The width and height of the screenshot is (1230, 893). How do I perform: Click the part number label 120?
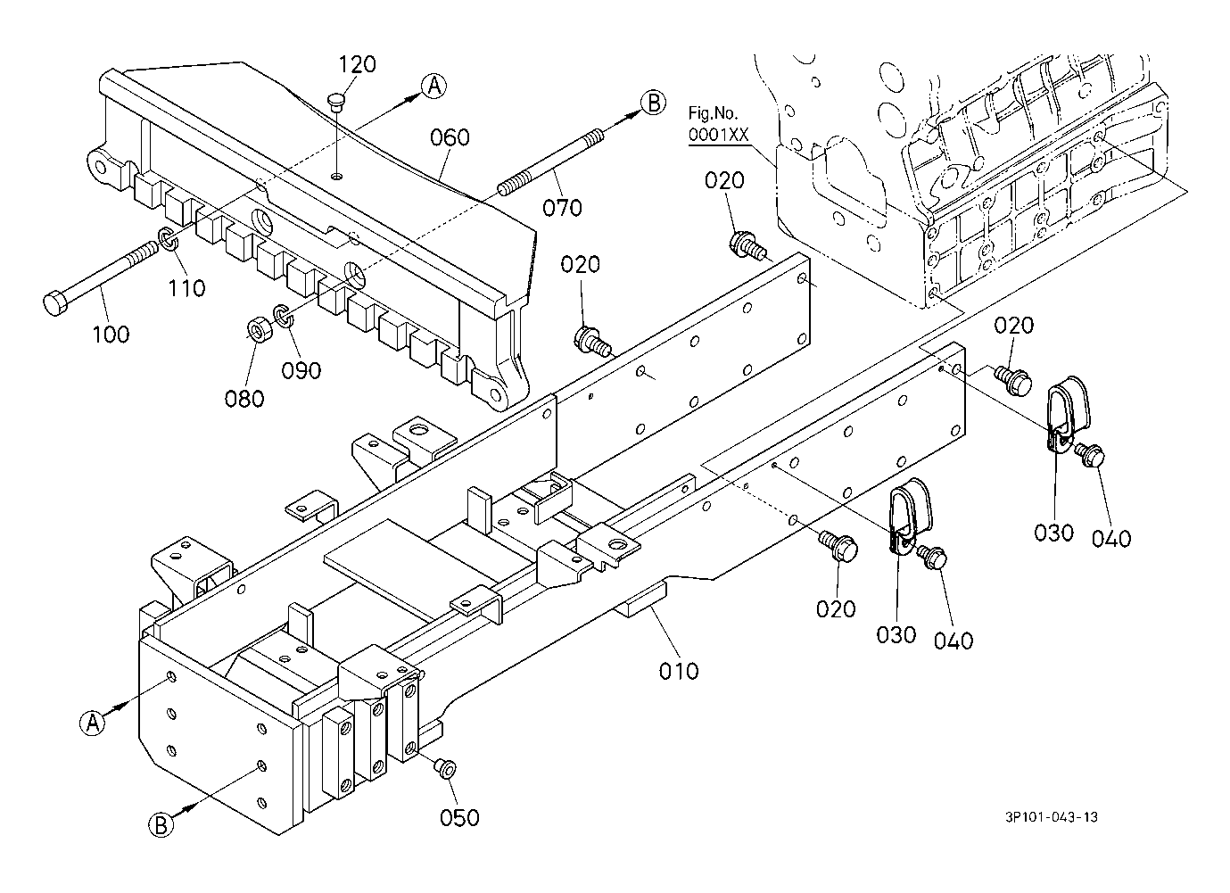(357, 64)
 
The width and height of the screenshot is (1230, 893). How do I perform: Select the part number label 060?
(450, 137)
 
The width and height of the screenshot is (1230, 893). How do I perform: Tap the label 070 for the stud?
(562, 208)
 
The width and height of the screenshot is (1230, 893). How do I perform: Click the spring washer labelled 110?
(167, 239)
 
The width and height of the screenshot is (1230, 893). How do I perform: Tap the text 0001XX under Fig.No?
(717, 136)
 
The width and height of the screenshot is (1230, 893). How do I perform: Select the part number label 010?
(679, 670)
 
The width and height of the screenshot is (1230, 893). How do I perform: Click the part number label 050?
(459, 817)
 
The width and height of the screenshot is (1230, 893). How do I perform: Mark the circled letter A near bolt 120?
(433, 86)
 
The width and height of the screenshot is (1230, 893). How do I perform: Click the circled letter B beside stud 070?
(653, 103)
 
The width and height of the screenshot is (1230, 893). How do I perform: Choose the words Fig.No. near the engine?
(711, 113)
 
